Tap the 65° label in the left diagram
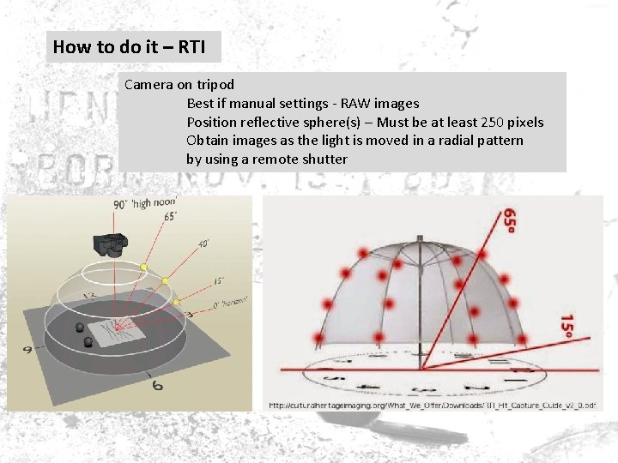(x=171, y=217)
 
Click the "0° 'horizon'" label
(x=227, y=303)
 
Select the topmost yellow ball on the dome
(x=144, y=268)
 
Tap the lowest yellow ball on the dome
(x=176, y=302)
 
